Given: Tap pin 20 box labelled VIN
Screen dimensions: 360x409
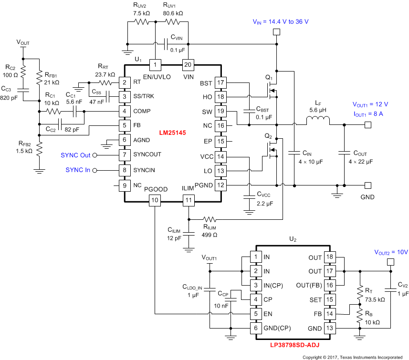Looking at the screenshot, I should tap(189, 64).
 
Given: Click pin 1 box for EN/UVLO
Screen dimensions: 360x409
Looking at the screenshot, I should tap(155, 64).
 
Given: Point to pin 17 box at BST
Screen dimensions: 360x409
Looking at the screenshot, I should tap(220, 82).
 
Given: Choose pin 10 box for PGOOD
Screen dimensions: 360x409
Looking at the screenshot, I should tap(155, 201).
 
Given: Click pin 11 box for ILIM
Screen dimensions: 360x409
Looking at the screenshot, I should tap(189, 201).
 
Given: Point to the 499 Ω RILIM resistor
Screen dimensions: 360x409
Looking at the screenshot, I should tap(209, 220).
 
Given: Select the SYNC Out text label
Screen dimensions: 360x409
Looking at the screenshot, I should tap(75, 155).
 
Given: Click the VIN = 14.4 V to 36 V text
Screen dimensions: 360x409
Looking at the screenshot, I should tap(280, 21).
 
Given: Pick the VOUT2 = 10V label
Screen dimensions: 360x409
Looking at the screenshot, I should tap(390, 252).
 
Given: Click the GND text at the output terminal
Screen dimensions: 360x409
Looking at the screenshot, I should tap(367, 196).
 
